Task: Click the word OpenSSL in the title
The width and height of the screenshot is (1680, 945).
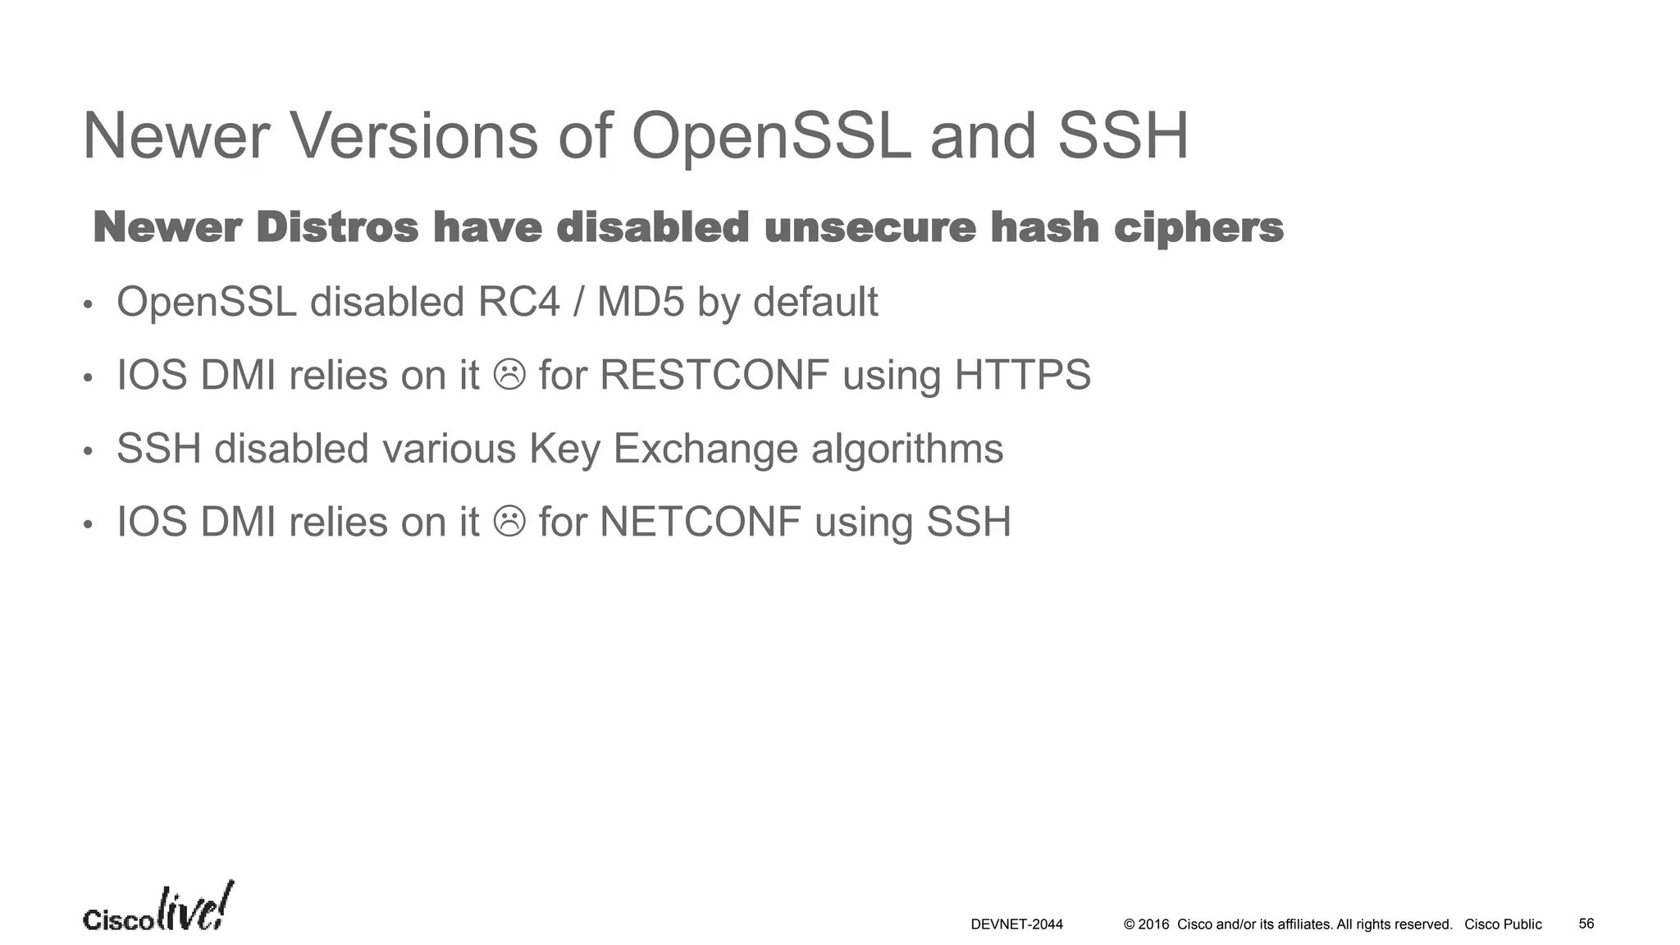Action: point(770,136)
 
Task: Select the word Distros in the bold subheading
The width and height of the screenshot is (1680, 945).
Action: point(337,227)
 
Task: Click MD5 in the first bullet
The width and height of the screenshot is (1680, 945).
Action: point(640,302)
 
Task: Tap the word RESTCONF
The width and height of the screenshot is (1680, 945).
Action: point(714,375)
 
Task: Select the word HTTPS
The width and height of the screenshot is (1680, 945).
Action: point(1022,375)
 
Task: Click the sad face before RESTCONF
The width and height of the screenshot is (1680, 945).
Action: point(509,375)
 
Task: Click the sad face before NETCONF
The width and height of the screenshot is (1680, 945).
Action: point(509,521)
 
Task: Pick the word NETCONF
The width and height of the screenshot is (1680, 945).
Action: point(701,522)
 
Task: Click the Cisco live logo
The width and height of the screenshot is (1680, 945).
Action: point(157,909)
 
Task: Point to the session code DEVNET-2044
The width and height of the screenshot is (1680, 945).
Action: point(1016,924)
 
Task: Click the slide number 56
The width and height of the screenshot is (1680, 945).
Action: point(1586,924)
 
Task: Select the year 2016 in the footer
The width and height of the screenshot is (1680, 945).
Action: point(1153,924)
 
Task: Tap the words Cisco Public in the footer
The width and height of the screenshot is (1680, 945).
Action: point(1503,924)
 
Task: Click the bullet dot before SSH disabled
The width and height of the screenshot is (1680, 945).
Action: point(89,451)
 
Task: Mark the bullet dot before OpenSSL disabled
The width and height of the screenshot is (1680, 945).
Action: point(89,305)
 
